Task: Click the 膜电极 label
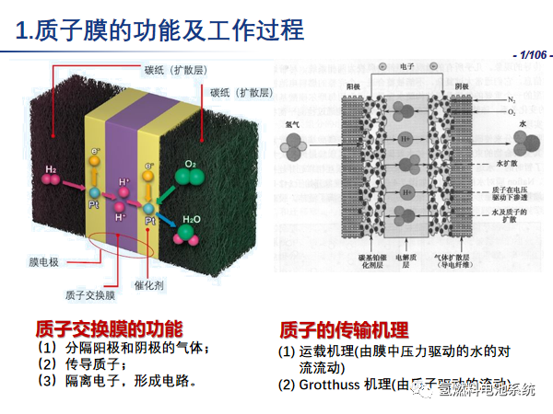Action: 42,262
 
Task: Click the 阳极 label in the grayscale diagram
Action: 352,79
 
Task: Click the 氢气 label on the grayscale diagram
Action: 292,121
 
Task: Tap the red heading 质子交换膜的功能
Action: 110,328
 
